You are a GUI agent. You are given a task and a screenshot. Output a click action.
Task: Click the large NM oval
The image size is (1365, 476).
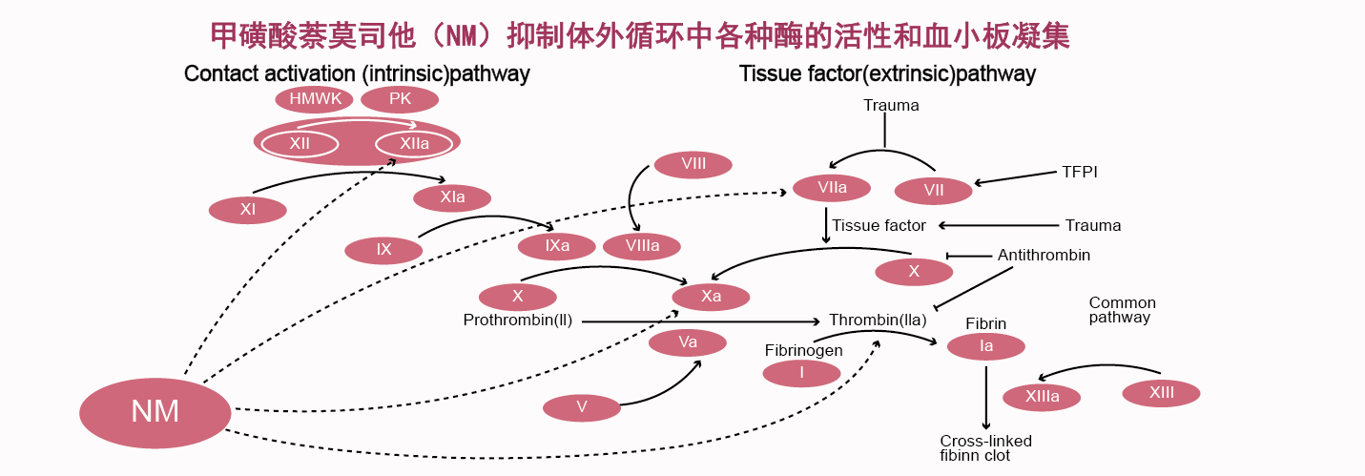(155, 412)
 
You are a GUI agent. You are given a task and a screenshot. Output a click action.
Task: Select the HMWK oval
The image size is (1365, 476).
(315, 99)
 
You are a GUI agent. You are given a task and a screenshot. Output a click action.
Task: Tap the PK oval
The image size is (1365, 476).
(400, 99)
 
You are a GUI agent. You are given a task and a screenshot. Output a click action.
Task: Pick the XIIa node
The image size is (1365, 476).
(414, 144)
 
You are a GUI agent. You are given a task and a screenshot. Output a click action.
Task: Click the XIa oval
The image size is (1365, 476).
(452, 197)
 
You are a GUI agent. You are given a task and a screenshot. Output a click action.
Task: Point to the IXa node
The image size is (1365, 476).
(557, 246)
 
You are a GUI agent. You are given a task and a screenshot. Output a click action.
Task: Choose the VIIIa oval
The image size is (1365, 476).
(642, 246)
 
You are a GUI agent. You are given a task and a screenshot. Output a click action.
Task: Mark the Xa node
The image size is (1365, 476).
(711, 297)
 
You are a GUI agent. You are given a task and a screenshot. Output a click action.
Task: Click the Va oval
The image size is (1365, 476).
(688, 342)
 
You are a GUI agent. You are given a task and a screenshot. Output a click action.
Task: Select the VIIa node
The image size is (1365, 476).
(832, 188)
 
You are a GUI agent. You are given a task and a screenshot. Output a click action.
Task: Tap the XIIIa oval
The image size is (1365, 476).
(1042, 397)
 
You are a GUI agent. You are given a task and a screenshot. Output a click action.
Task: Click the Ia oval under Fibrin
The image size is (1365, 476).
(986, 346)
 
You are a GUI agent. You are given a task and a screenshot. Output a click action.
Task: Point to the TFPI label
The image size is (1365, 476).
(1080, 173)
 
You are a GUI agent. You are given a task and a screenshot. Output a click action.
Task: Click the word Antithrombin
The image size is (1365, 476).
(1044, 256)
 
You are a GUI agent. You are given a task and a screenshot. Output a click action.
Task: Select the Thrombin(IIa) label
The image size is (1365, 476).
(878, 321)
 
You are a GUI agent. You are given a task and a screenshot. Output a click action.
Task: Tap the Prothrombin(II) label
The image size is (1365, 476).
(517, 321)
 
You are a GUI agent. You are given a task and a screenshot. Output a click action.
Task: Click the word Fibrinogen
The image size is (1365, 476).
(803, 350)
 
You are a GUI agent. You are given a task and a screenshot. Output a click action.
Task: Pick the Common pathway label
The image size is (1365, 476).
(1122, 310)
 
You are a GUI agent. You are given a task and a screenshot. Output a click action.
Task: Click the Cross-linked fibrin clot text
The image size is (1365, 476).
(985, 447)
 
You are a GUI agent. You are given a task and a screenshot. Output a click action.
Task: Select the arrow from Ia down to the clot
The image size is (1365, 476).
(986, 396)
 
